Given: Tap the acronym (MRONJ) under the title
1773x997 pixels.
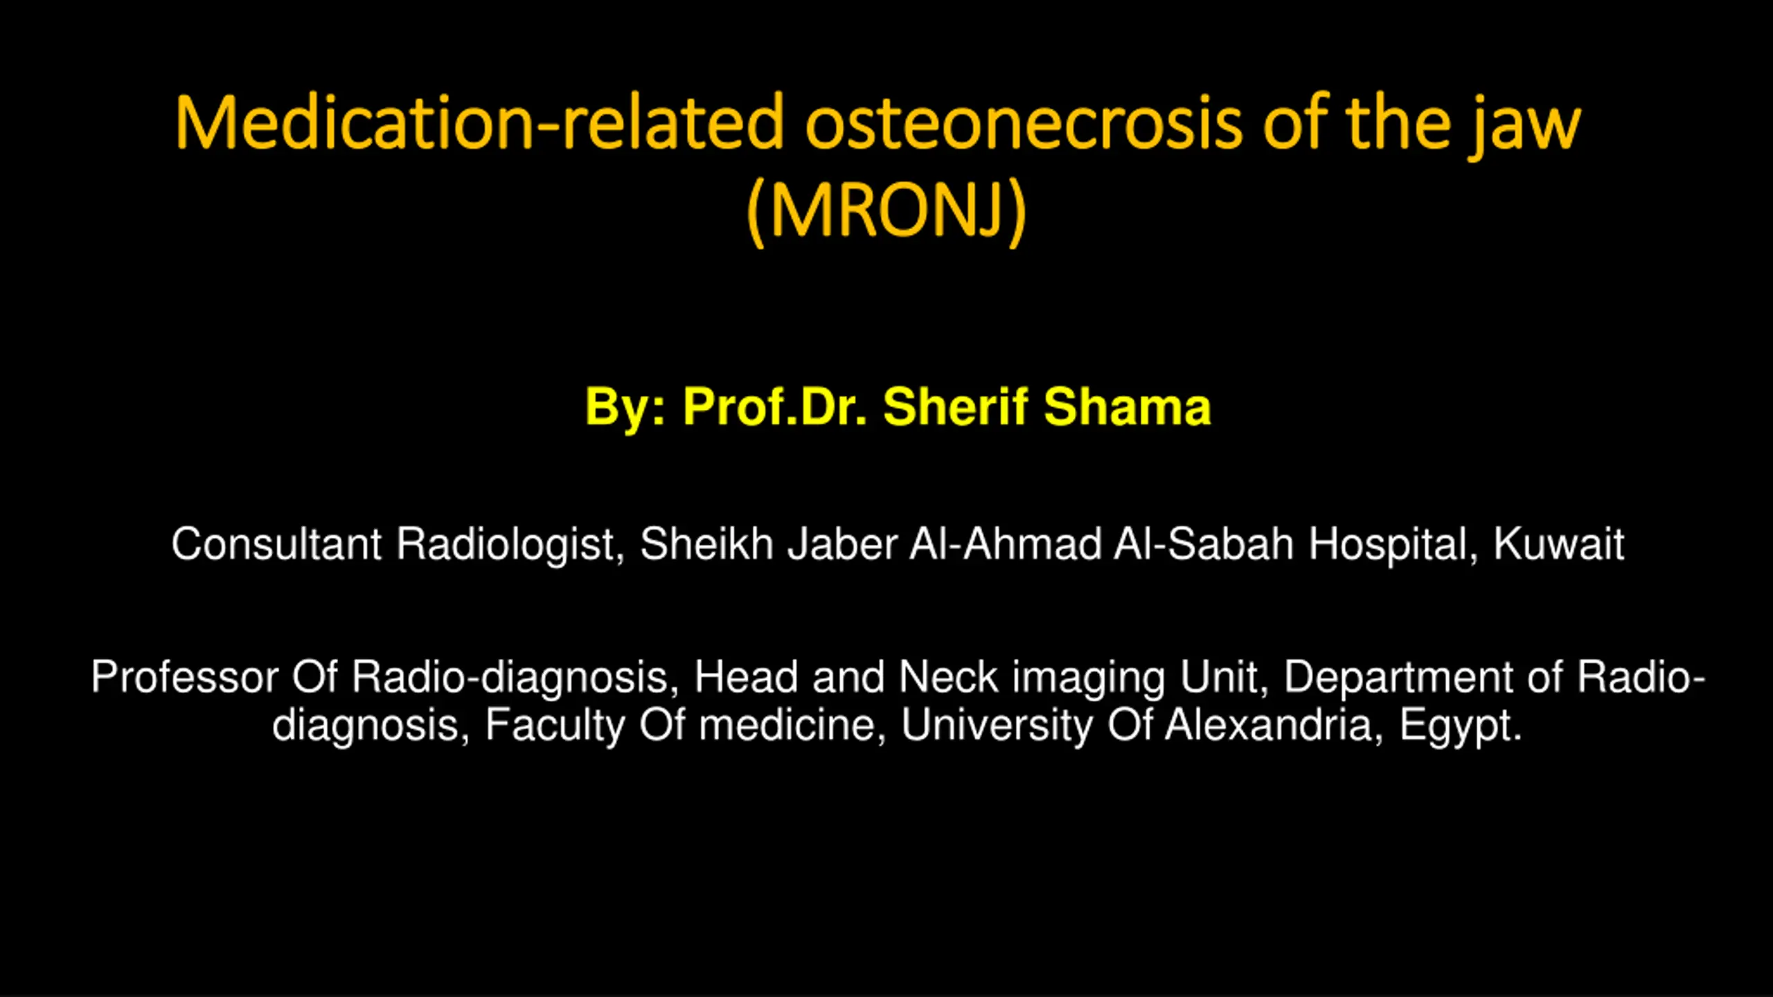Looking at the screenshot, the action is point(886,210).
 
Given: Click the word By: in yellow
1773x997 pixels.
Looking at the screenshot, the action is point(625,408).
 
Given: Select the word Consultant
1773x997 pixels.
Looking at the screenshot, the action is point(276,544).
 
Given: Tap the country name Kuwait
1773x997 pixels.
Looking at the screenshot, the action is point(1558,544).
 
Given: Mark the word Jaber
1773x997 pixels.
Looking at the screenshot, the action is point(842,544).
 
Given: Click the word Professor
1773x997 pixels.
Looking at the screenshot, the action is point(184,676).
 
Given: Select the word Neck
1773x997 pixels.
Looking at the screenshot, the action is point(948,676).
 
